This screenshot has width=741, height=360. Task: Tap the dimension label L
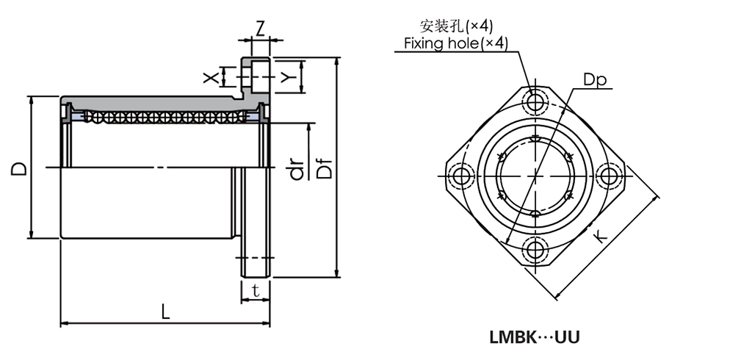(x=165, y=312)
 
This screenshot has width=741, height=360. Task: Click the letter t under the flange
(x=255, y=290)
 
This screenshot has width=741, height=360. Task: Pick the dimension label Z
(x=260, y=29)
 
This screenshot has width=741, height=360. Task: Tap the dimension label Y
(x=289, y=76)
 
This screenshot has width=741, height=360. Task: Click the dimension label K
(x=600, y=237)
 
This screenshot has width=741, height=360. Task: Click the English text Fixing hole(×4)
(x=456, y=44)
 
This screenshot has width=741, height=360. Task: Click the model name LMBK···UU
(x=535, y=338)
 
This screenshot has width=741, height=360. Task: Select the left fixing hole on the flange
(x=463, y=176)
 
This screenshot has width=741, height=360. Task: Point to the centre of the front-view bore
(x=535, y=176)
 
